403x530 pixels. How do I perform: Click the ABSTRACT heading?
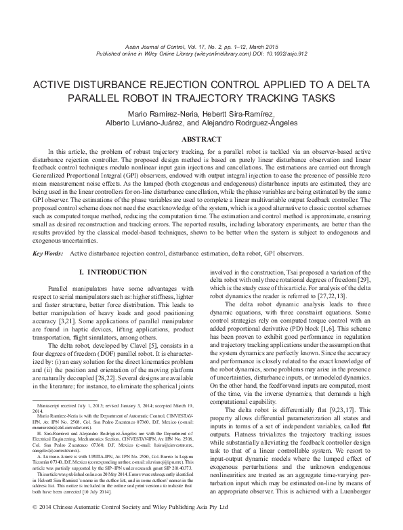201,138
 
